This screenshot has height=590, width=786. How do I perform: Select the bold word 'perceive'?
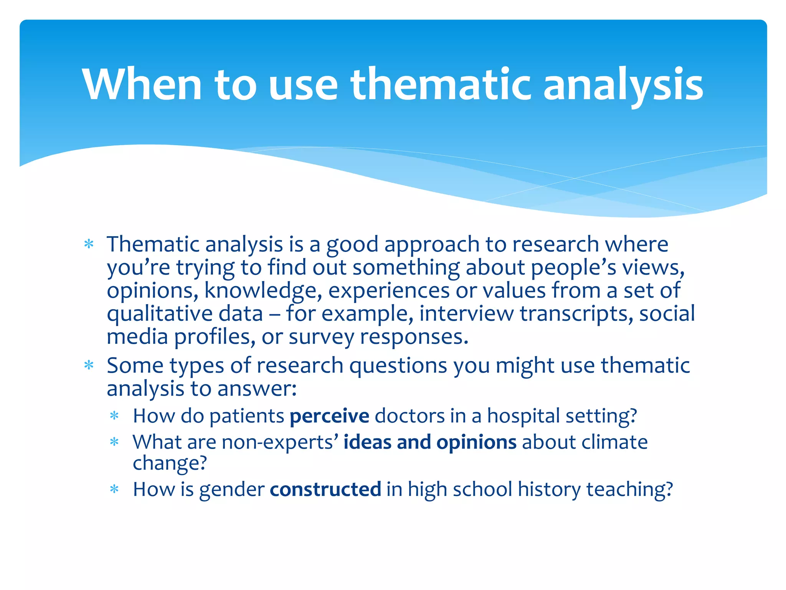pyautogui.click(x=329, y=416)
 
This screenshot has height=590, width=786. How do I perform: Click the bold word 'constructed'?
pyautogui.click(x=325, y=489)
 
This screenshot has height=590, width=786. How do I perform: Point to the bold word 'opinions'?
pyautogui.click(x=476, y=442)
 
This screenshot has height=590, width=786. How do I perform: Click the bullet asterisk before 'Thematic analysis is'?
pyautogui.click(x=89, y=245)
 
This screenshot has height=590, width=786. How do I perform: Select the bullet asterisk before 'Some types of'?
pyautogui.click(x=89, y=366)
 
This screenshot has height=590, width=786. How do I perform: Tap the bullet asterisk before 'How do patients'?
pyautogui.click(x=114, y=416)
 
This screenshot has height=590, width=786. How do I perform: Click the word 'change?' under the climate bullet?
pyautogui.click(x=170, y=463)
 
